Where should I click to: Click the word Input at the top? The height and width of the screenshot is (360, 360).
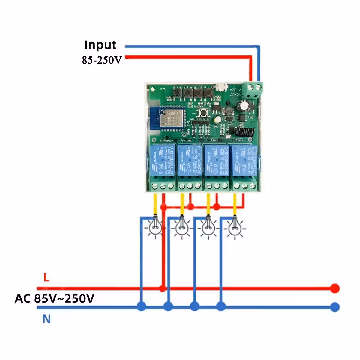tap(100, 45)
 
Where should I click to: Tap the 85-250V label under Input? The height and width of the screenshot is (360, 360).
tap(102, 60)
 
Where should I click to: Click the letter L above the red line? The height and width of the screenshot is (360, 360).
tap(46, 277)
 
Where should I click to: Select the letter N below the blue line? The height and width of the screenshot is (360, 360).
tap(46, 319)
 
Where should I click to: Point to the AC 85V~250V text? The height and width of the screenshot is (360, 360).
tap(54, 298)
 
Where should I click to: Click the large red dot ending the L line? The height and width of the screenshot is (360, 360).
tap(334, 289)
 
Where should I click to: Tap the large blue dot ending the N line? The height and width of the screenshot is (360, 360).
tap(334, 307)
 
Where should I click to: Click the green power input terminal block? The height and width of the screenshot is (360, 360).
tap(253, 89)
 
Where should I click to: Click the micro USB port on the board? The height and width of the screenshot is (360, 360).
tap(222, 87)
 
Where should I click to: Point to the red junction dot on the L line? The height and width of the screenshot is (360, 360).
tap(162, 289)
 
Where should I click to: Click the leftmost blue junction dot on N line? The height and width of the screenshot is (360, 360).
tap(141, 306)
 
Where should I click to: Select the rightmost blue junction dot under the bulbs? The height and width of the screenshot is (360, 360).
tap(221, 306)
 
